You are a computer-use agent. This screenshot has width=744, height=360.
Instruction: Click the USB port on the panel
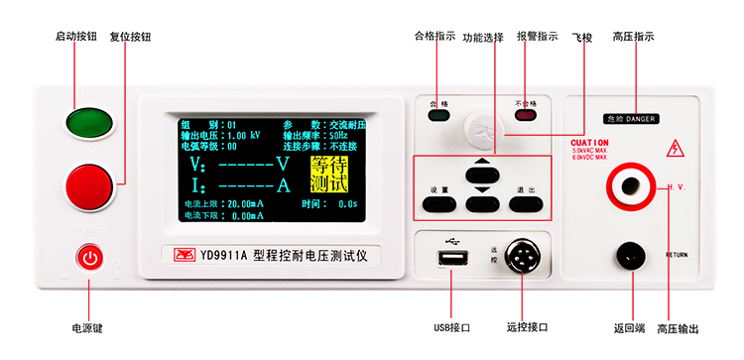(x=452, y=258)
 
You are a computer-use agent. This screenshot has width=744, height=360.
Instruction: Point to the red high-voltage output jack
(x=630, y=184)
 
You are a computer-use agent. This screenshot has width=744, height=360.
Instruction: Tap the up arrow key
(x=482, y=165)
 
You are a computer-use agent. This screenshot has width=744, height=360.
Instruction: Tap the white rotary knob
(x=482, y=127)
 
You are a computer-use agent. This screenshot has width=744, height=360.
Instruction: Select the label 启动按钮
(x=76, y=36)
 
